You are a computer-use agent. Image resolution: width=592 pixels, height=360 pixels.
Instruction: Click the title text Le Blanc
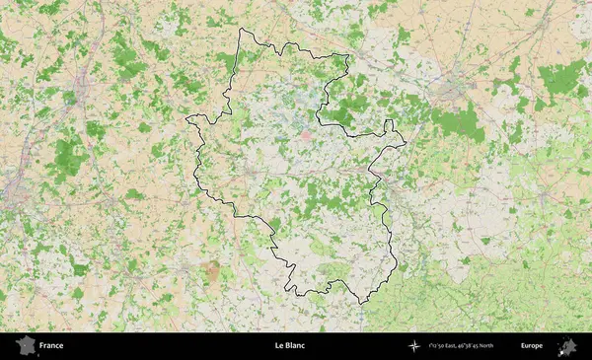click(x=289, y=346)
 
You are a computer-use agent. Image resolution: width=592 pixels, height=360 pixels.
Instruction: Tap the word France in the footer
click(x=51, y=346)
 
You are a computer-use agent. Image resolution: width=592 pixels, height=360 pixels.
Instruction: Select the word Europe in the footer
click(x=532, y=346)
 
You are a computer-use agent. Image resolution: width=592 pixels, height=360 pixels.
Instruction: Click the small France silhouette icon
click(x=24, y=346)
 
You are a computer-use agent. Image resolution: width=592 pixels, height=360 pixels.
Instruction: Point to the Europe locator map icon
click(x=567, y=346)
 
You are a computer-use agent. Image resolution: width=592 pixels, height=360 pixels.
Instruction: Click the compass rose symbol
click(x=414, y=346)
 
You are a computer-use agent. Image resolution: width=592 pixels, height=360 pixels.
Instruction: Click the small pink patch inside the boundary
click(x=305, y=135)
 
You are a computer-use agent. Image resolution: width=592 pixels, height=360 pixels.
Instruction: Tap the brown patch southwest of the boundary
click(x=210, y=269)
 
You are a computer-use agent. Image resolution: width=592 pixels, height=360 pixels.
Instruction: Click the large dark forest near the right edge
click(x=564, y=76)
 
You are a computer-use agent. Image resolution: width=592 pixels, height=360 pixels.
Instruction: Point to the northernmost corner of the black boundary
click(x=243, y=29)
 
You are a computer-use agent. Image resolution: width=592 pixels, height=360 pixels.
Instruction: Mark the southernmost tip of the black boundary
click(x=361, y=302)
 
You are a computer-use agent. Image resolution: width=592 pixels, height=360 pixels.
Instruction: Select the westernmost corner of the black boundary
click(x=186, y=119)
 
